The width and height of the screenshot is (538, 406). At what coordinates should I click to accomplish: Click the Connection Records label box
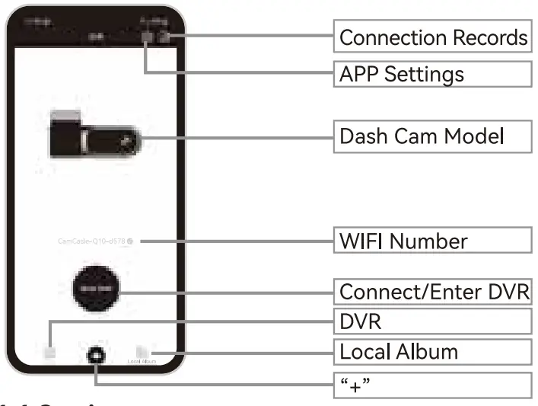click(433, 37)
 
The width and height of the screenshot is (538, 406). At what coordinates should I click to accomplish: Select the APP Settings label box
click(433, 74)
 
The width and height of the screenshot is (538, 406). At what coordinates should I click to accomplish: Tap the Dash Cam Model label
click(433, 136)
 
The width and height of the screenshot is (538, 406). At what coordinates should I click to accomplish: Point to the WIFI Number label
click(433, 241)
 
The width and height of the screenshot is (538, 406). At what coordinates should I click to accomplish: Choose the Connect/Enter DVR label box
click(433, 292)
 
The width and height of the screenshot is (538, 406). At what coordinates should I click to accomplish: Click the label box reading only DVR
click(433, 321)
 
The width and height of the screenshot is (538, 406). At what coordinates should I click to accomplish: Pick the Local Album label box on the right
click(433, 351)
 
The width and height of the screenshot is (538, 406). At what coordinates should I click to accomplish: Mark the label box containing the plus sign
click(433, 385)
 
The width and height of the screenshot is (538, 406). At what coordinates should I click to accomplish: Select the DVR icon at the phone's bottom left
click(50, 353)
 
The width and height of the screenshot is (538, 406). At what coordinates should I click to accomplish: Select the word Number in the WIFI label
click(430, 241)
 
